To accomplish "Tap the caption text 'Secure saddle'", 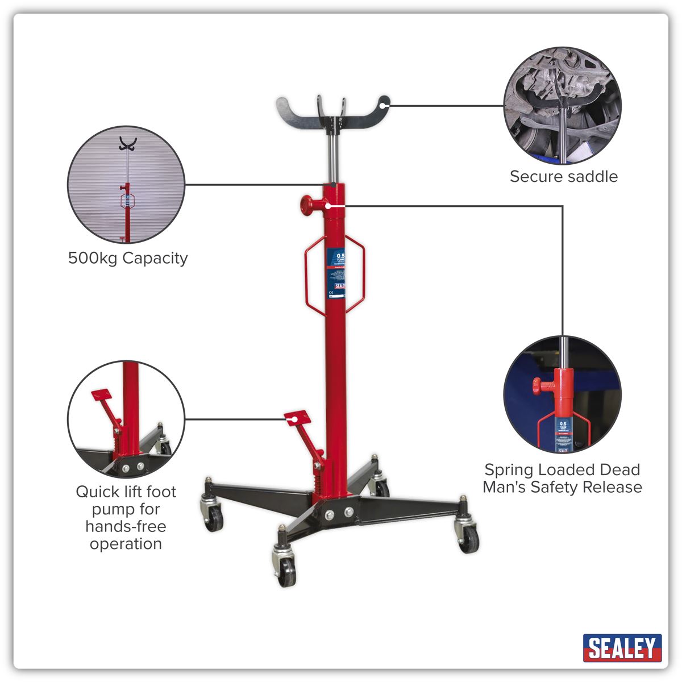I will click(x=563, y=177).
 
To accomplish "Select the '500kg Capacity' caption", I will click(x=128, y=259).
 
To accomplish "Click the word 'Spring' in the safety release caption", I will click(x=509, y=470).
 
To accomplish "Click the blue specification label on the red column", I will click(x=336, y=273).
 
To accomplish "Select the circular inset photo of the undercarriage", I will click(x=563, y=106).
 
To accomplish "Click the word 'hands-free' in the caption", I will click(x=126, y=527).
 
